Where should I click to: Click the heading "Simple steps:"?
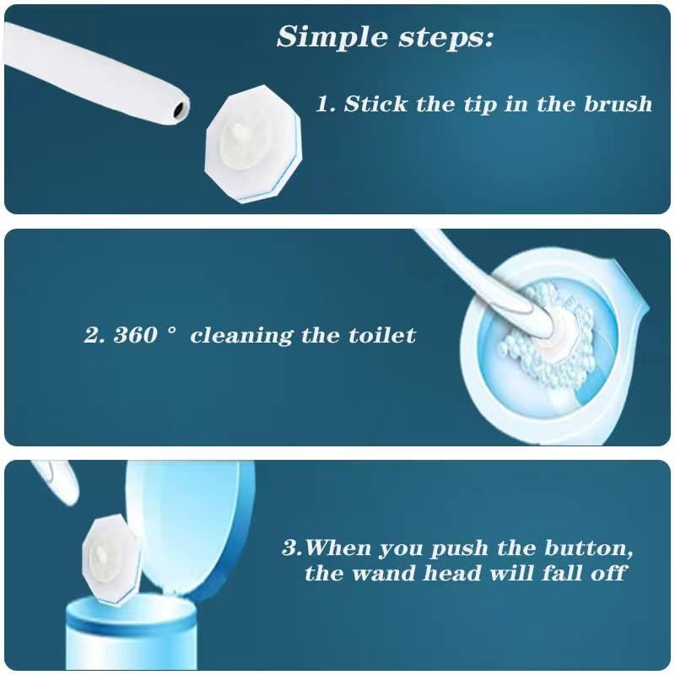coord(385,37)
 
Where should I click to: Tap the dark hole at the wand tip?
coord(179,110)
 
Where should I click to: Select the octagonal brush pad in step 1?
coord(253,143)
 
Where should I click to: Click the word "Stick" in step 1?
coord(375,104)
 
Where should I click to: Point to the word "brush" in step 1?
coord(618,104)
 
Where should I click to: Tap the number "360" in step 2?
coord(135,335)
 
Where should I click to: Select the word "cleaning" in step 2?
coord(241,336)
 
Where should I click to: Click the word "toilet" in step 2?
coord(382,335)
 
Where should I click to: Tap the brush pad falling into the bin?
coord(111,559)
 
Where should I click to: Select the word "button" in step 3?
coord(588,548)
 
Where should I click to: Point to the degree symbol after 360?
coord(172,330)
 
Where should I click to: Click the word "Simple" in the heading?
coord(332,37)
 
